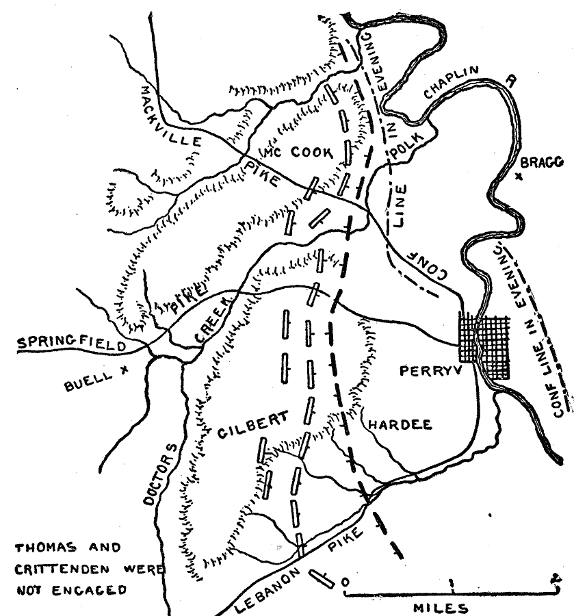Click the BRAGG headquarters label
pos(541,162)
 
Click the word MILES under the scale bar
pos(441,607)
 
